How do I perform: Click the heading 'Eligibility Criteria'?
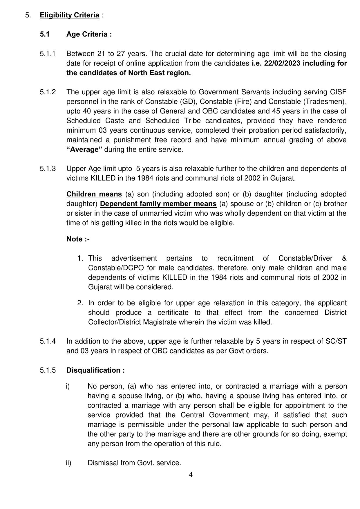coord(70,15)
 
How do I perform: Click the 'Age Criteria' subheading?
coord(87,34)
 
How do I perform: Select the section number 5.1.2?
coord(48,92)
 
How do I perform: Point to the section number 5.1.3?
coord(48,169)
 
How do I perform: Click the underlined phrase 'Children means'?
coord(94,194)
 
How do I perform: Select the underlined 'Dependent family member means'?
coord(158,204)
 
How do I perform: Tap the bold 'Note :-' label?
coord(78,239)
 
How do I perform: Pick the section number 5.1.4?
coord(48,341)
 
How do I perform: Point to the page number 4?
coord(191,474)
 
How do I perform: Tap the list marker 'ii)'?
coord(68,463)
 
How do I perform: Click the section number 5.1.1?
coord(48,54)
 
